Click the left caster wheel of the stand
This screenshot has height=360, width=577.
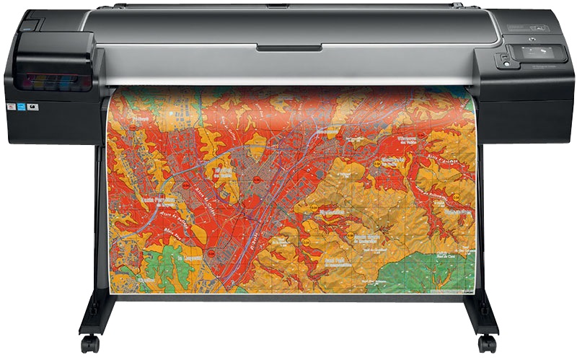coord(90,343)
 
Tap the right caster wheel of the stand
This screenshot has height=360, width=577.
coord(488,343)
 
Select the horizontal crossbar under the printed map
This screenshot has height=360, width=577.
coord(288,297)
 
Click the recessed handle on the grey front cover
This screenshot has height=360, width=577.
coord(289,48)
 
